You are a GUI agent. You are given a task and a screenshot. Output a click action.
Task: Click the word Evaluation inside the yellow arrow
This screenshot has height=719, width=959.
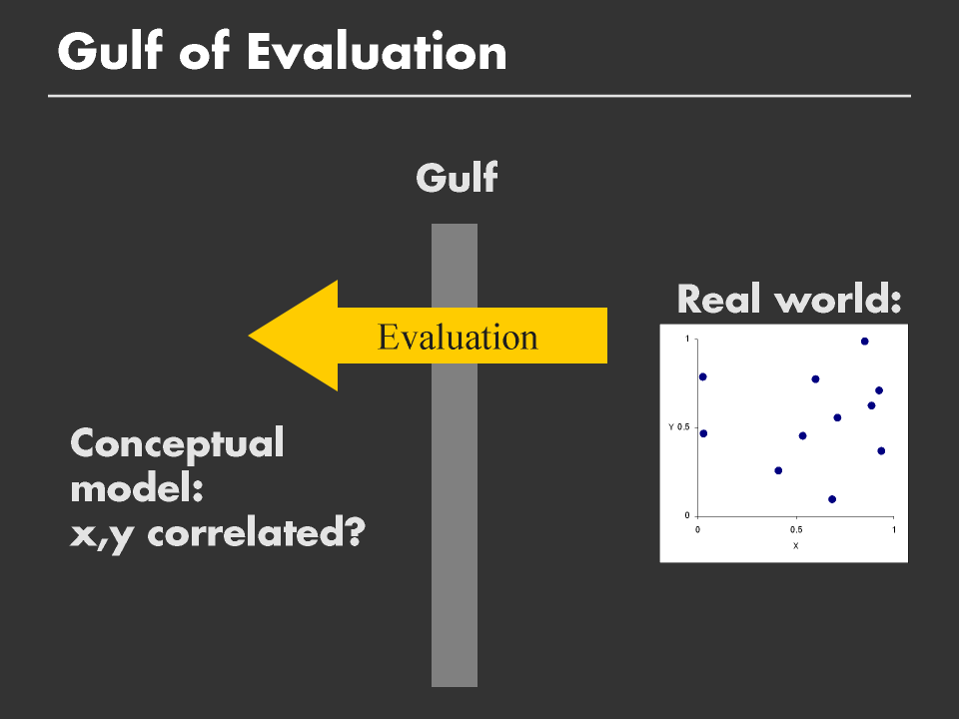(x=458, y=337)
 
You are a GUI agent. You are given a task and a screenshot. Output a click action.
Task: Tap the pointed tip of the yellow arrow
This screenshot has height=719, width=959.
(x=249, y=336)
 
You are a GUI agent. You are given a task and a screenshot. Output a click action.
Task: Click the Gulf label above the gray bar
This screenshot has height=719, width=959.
(x=457, y=178)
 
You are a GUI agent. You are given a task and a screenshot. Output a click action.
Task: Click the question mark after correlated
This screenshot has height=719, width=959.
(x=355, y=532)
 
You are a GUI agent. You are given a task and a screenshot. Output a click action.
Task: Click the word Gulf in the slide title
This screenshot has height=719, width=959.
(x=110, y=51)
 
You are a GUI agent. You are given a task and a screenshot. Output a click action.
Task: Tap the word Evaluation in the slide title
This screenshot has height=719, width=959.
(x=377, y=51)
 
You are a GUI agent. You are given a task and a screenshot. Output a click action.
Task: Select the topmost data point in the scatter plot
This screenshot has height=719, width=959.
(x=864, y=342)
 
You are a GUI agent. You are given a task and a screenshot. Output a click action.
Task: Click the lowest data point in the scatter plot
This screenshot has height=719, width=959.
(x=832, y=499)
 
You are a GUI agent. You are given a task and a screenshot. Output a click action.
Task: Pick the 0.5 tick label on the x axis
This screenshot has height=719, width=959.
(x=796, y=529)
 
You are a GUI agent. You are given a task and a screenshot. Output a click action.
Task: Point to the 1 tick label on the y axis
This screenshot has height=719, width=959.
(x=687, y=339)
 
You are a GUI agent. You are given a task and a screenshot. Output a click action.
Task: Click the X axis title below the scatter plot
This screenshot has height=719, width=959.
(x=796, y=546)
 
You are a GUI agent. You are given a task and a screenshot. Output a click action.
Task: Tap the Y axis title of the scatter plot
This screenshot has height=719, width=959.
(x=671, y=426)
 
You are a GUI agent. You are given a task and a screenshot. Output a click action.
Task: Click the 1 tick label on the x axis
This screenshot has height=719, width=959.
(x=893, y=529)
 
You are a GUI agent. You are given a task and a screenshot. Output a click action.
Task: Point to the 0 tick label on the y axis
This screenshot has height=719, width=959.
(x=687, y=515)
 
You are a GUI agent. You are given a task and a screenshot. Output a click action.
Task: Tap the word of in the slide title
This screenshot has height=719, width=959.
(x=204, y=51)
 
